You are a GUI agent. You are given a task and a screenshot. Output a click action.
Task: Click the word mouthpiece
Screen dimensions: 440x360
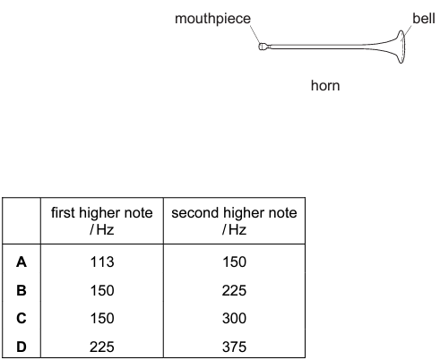click(212, 19)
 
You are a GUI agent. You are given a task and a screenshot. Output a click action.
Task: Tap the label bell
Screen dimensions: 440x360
click(424, 19)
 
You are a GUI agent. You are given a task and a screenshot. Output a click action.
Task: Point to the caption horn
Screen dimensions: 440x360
click(325, 86)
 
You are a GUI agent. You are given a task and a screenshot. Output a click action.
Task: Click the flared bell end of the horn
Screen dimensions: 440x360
click(401, 47)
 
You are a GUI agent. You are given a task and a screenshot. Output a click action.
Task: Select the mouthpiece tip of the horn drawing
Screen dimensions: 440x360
click(263, 47)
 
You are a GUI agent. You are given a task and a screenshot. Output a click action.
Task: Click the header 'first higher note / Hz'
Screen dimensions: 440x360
click(102, 221)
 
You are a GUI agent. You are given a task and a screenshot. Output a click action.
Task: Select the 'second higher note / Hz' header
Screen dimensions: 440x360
click(234, 221)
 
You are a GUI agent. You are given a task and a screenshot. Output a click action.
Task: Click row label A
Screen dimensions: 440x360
click(22, 262)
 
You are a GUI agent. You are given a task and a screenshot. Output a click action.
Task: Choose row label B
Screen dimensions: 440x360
click(22, 290)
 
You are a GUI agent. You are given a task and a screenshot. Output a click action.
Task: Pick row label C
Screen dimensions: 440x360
click(22, 318)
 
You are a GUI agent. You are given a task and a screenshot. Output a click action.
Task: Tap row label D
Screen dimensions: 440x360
click(22, 347)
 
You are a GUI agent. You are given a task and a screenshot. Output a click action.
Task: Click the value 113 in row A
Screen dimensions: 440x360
click(102, 262)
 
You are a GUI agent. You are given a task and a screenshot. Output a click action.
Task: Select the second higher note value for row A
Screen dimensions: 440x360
click(235, 262)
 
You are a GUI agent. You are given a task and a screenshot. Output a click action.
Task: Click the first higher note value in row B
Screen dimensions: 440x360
click(102, 290)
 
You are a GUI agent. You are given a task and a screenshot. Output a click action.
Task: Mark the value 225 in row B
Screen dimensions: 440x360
click(234, 290)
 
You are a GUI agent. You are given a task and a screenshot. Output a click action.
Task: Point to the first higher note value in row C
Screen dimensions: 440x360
click(102, 318)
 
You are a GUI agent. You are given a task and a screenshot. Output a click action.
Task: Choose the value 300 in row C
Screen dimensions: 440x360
click(234, 318)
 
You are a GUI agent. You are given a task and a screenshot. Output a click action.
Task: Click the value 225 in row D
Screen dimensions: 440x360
click(102, 347)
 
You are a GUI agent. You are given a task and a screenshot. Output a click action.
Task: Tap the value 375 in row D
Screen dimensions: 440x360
click(234, 347)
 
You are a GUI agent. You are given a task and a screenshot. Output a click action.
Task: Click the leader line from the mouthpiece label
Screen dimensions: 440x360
click(255, 34)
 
